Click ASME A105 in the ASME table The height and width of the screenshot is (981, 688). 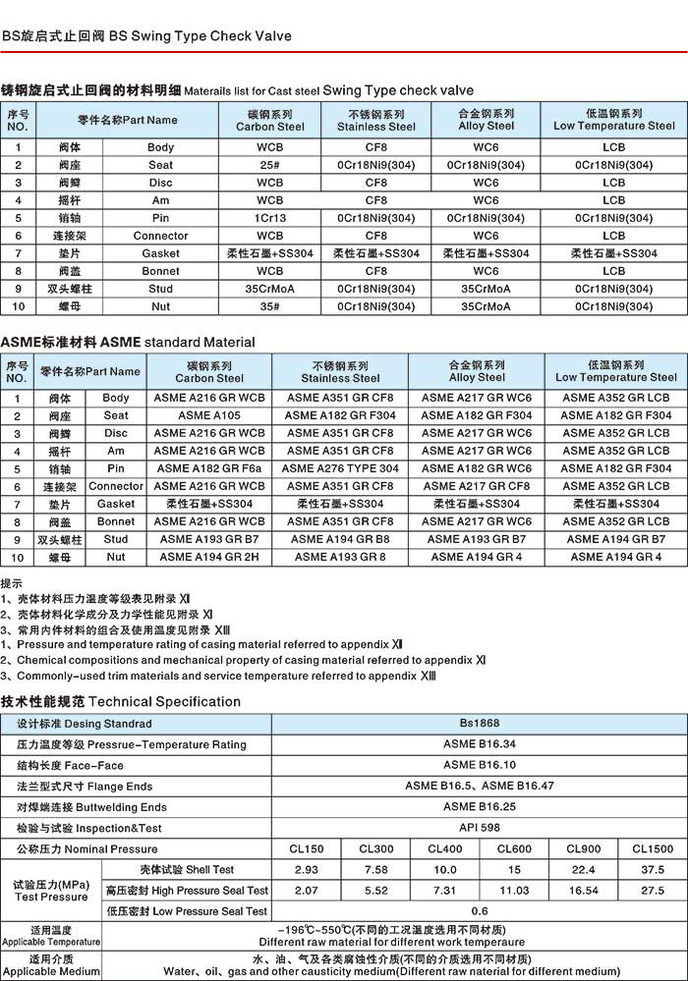(209, 415)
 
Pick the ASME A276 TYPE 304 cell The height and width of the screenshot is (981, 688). (340, 468)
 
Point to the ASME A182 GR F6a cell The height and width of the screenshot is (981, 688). (209, 468)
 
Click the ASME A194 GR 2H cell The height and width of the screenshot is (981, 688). (209, 557)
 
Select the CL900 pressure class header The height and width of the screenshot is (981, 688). (584, 848)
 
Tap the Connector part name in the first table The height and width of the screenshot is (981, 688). (160, 236)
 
